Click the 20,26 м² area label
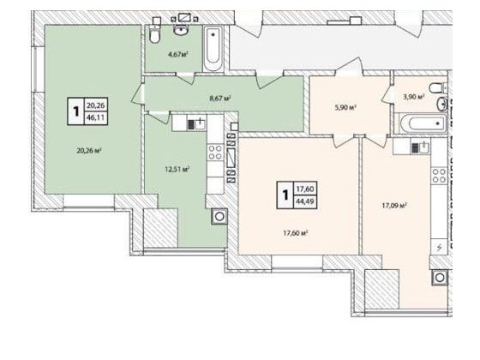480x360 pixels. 89,150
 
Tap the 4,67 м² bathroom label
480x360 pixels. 178,55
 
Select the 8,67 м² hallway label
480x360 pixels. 220,99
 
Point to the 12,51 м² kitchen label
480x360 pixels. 177,169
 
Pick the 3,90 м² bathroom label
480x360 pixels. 413,97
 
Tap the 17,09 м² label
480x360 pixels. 394,206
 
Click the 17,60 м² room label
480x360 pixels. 296,233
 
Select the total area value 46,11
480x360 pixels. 96,117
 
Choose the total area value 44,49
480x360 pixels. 305,201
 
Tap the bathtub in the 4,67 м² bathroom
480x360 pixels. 213,49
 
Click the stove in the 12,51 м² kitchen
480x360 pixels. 215,153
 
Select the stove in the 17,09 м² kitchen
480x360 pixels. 439,176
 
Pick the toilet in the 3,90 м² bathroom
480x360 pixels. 437,88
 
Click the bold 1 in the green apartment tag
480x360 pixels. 75,111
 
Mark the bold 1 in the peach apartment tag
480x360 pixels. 285,195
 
